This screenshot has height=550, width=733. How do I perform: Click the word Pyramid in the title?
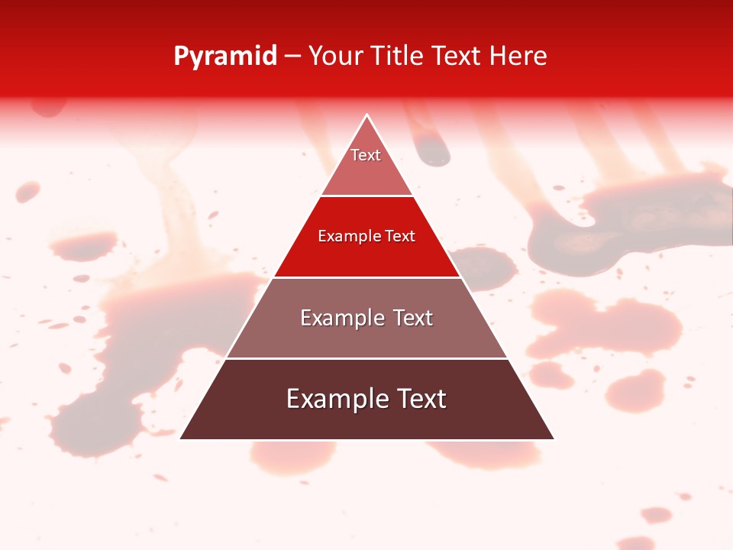tap(224, 57)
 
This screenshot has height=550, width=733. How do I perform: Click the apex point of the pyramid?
tap(367, 115)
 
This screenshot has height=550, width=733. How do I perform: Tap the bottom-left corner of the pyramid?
tap(181, 438)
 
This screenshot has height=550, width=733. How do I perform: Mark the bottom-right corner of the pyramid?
tap(554, 438)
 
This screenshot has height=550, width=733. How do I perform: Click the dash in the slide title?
tap(292, 57)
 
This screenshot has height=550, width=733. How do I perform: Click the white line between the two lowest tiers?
tap(366, 358)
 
